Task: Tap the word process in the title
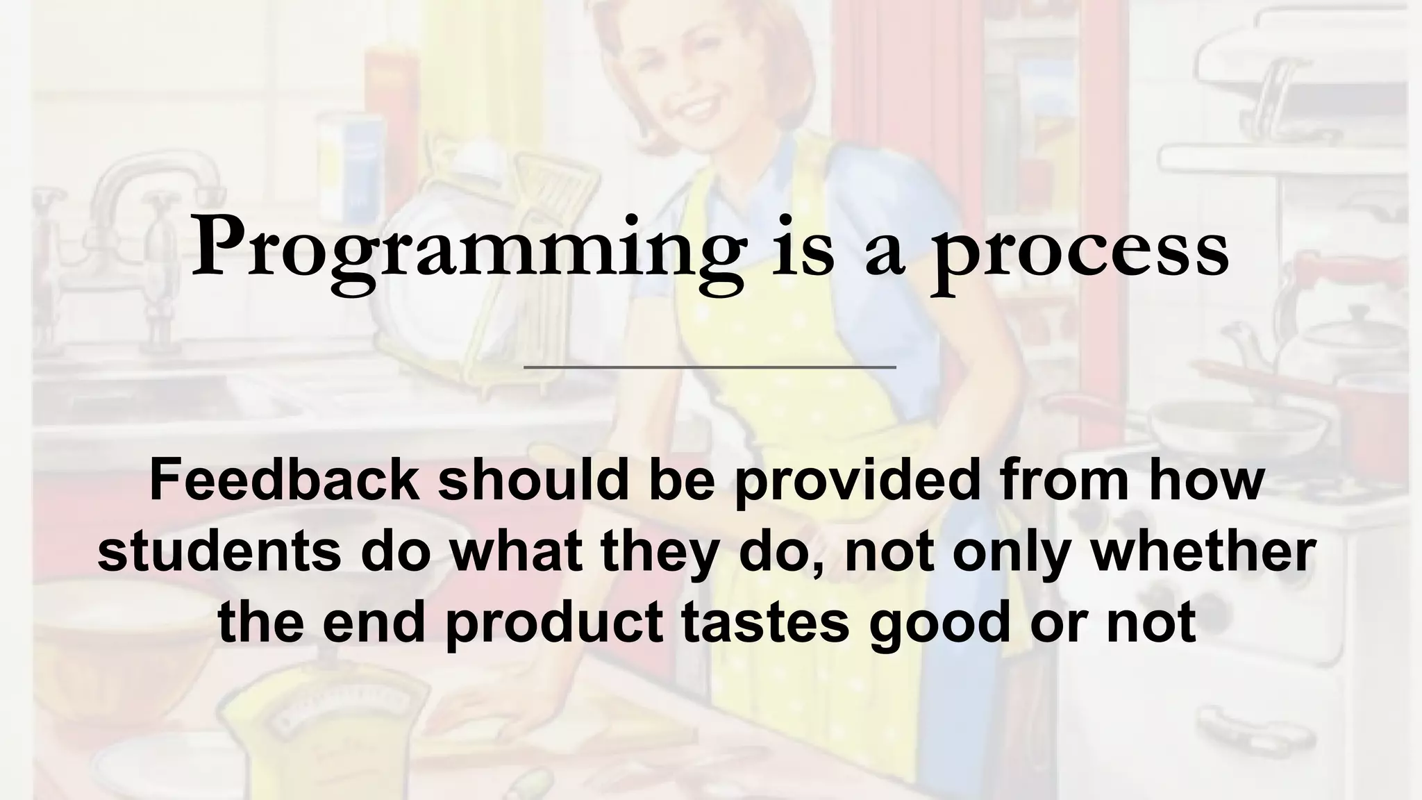[1082, 249]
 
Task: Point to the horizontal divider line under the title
[710, 367]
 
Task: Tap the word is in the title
[803, 249]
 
